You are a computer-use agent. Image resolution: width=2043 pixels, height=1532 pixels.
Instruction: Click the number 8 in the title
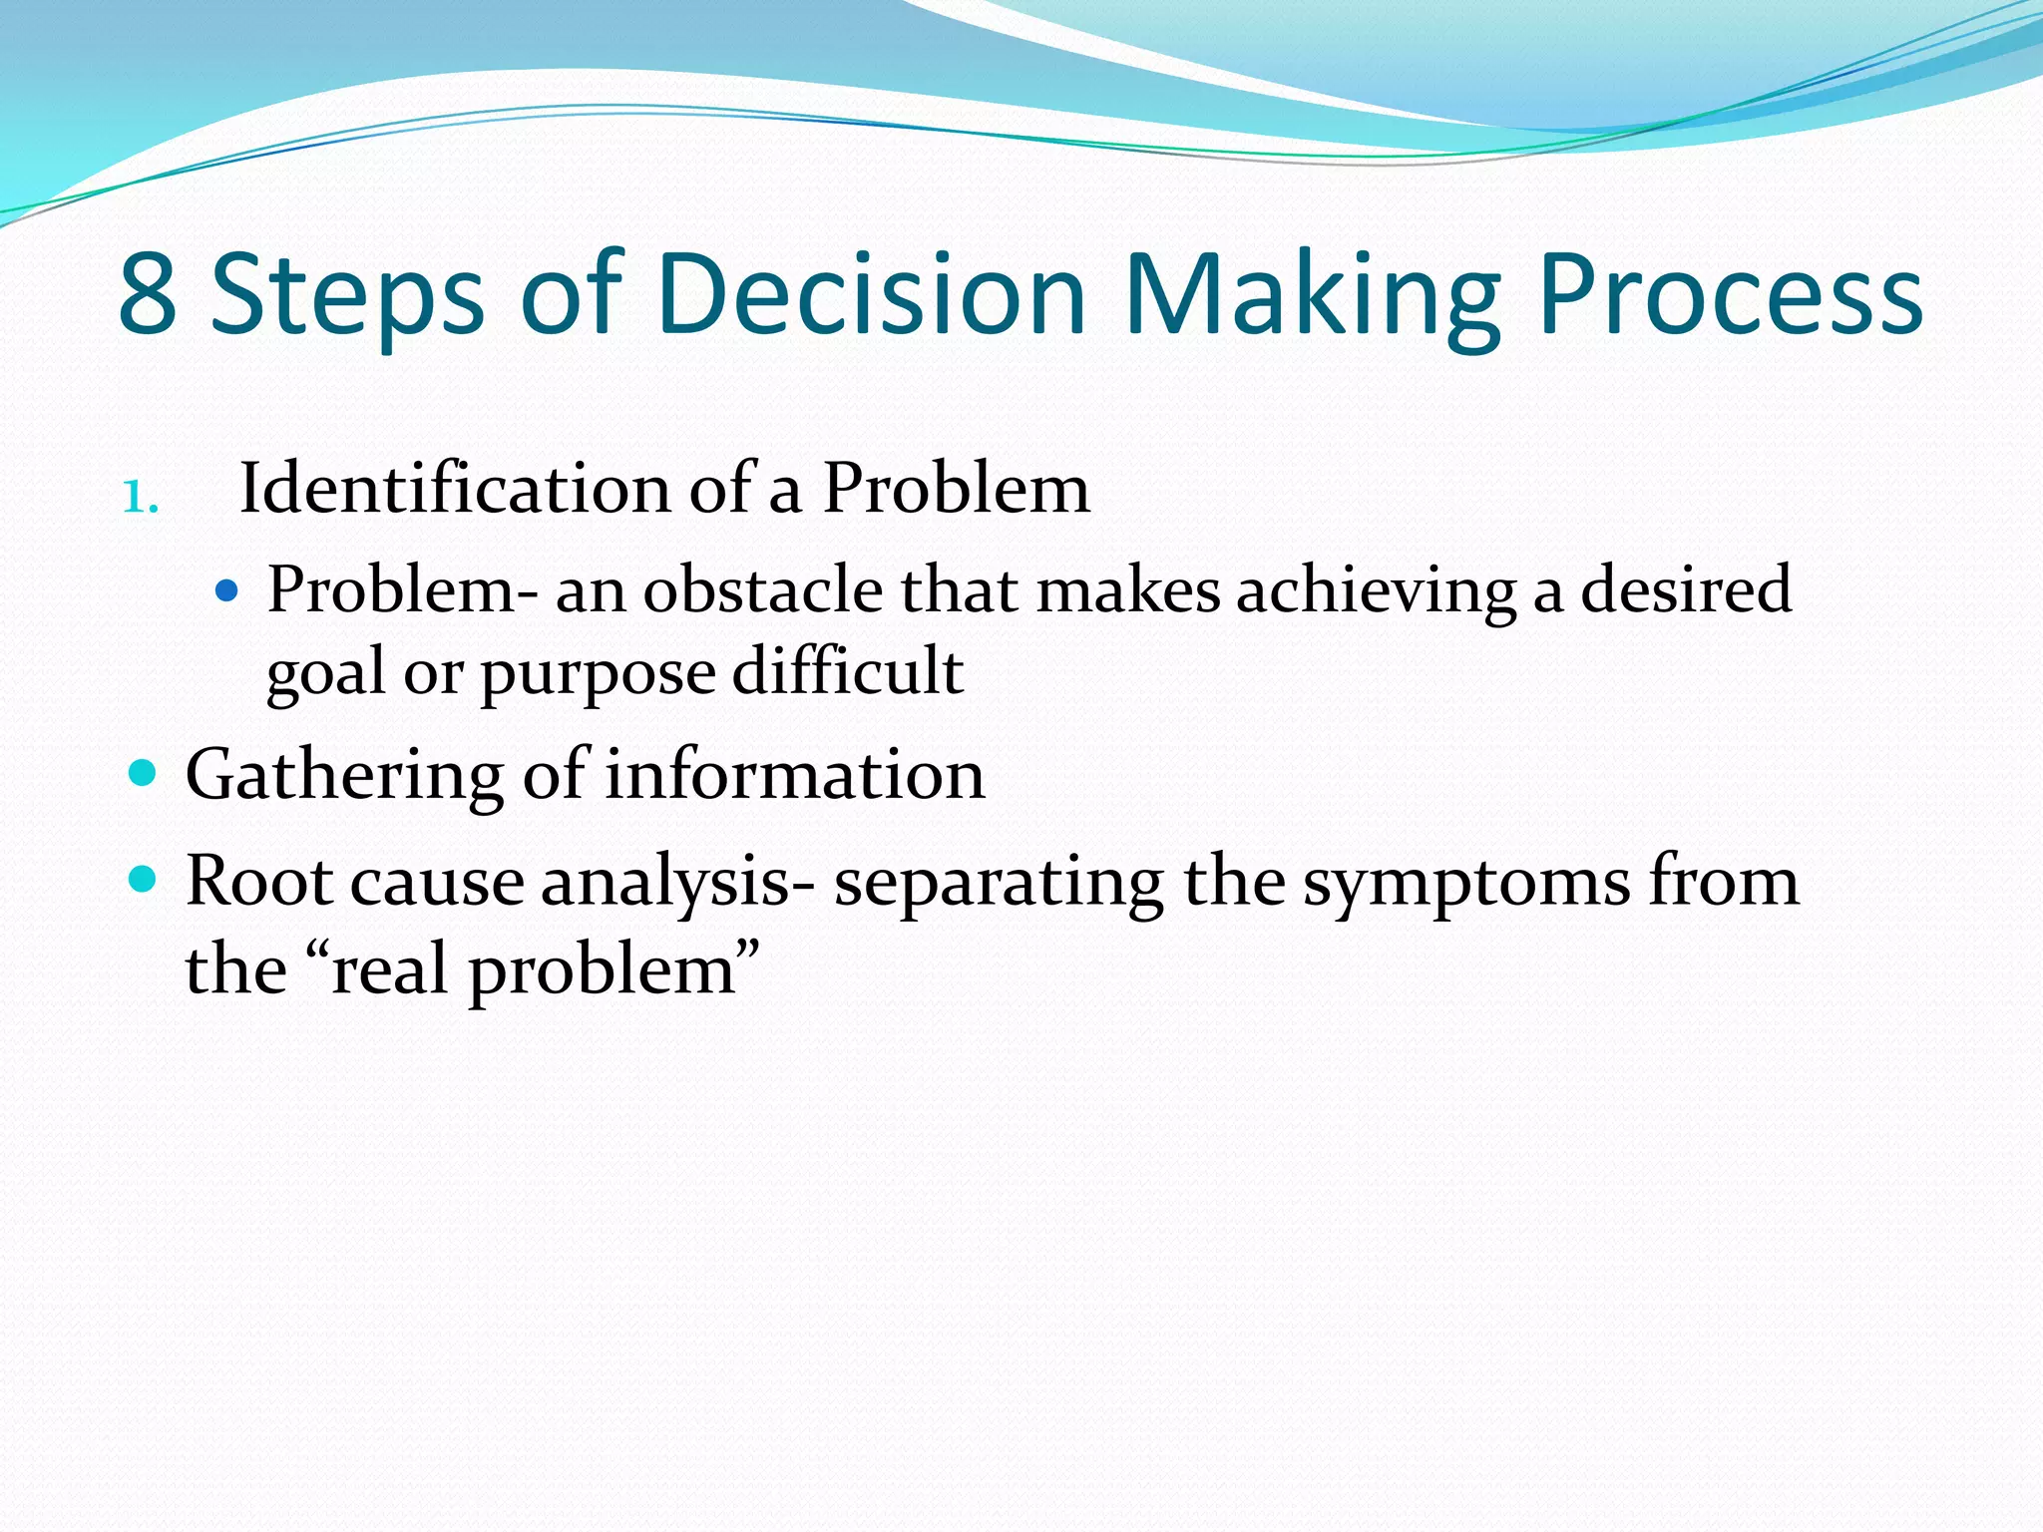pyautogui.click(x=148, y=295)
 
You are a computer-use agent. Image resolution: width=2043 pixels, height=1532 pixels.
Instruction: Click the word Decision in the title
pyautogui.click(x=870, y=295)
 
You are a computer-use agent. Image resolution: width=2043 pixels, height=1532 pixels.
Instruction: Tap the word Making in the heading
pyautogui.click(x=1312, y=295)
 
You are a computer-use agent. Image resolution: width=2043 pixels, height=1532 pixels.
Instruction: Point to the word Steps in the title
pyautogui.click(x=348, y=295)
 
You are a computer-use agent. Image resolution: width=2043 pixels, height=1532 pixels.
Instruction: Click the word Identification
pyautogui.click(x=455, y=489)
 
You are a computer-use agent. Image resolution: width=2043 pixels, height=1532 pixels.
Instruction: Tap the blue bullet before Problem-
pyautogui.click(x=227, y=591)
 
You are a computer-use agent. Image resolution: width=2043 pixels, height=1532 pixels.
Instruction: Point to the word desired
pyautogui.click(x=1686, y=590)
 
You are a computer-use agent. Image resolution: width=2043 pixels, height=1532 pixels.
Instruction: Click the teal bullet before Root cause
pyautogui.click(x=144, y=879)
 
